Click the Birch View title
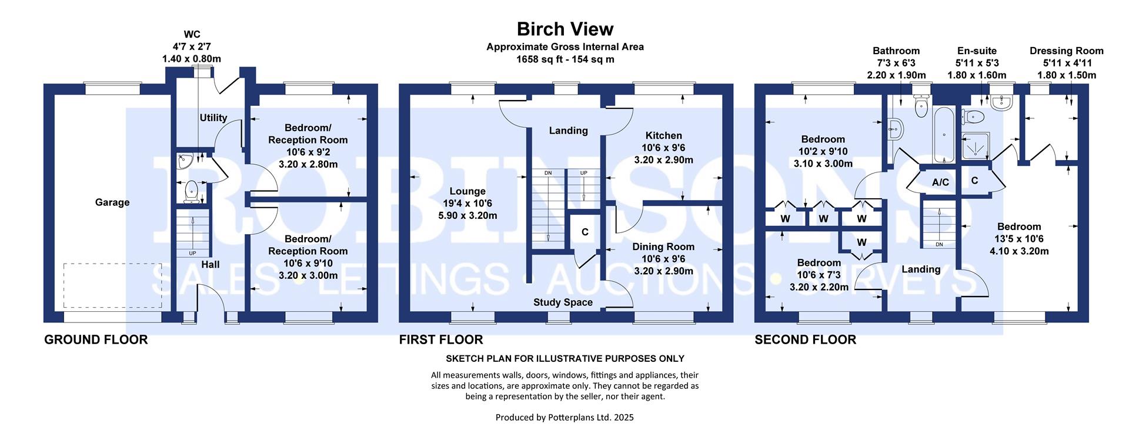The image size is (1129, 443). [564, 29]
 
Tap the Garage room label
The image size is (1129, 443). [112, 202]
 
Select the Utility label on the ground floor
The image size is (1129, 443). [213, 118]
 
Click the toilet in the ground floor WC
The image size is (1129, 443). [191, 191]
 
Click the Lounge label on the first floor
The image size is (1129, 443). [467, 191]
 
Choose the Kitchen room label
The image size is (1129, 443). [663, 135]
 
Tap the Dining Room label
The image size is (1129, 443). [663, 247]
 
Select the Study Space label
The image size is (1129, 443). [563, 302]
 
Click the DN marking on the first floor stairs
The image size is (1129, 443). [548, 173]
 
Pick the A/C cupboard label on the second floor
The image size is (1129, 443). [940, 182]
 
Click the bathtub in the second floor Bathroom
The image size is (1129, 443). [944, 135]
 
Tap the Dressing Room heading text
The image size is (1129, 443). [1066, 51]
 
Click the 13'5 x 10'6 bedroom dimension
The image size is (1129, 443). [1019, 239]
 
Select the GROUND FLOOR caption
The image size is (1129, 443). [96, 339]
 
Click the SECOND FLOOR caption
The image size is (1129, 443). [805, 339]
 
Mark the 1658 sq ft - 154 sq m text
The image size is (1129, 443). [564, 59]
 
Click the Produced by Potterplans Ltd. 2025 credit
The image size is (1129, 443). [564, 418]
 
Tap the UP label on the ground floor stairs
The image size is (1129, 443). [192, 254]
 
